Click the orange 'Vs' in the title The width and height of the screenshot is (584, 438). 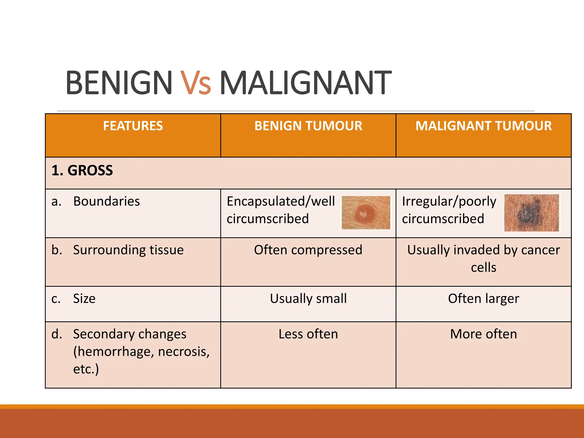[x=196, y=83]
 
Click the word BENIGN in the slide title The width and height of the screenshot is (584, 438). [x=119, y=83]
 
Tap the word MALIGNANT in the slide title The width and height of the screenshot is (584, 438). [x=305, y=83]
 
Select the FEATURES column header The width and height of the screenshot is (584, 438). [x=133, y=126]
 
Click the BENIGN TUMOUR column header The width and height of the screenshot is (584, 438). [x=308, y=126]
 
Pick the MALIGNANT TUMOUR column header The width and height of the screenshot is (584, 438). [x=484, y=126]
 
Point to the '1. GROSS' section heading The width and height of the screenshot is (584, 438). [x=82, y=171]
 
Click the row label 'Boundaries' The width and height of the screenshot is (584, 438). [x=106, y=201]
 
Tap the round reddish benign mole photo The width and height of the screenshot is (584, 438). [x=366, y=213]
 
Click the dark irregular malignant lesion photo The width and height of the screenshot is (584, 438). [x=531, y=213]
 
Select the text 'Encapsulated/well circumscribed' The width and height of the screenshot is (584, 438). [x=281, y=210]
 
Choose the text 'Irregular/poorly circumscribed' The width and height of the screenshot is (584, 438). [x=449, y=210]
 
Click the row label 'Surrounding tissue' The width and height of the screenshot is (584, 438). [x=128, y=250]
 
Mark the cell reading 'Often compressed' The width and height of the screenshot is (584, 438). [x=308, y=250]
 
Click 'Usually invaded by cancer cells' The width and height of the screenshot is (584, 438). [x=484, y=259]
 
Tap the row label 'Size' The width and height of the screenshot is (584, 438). [x=84, y=299]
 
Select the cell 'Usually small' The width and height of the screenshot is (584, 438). [x=308, y=299]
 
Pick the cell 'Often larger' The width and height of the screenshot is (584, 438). [x=484, y=299]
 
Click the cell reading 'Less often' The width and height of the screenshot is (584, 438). [x=308, y=334]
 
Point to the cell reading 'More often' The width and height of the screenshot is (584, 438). [x=484, y=334]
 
